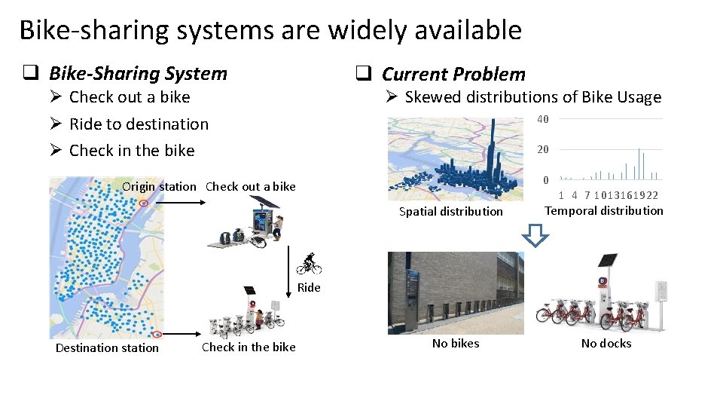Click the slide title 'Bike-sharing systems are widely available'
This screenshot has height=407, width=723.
coord(270,30)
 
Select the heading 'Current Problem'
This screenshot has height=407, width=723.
coord(453,74)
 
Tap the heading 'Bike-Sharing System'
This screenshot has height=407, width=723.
coord(137,73)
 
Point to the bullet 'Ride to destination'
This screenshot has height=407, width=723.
coord(139,124)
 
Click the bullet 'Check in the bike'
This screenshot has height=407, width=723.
coord(132,151)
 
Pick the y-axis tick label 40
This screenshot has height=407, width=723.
coord(543,119)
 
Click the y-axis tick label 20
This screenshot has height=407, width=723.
coord(543,149)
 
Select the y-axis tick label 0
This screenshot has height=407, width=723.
coord(546,180)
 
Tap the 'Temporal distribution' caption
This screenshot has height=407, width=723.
coord(604,211)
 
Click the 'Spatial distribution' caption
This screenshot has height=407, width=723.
coord(450,212)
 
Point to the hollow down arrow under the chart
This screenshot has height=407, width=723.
coord(536,237)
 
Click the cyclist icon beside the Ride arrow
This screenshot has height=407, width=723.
coord(309,263)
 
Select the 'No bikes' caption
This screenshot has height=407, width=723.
coord(456,344)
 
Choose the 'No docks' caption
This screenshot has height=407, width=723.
coord(606,344)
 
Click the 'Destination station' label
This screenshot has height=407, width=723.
coord(107,348)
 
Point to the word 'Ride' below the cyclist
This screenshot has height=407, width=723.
coord(309,287)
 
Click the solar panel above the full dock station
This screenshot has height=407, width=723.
coord(606,261)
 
